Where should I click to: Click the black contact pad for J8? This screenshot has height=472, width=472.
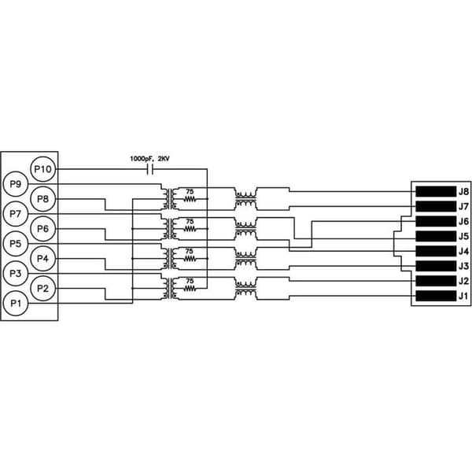coord(436,191)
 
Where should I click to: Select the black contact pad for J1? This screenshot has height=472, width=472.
coord(436,296)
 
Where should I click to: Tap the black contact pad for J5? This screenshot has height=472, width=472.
coord(436,236)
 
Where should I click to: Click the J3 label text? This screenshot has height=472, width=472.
coord(463,266)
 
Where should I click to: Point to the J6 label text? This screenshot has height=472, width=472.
coord(463,222)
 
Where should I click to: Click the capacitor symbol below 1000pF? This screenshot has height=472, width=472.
coord(150,169)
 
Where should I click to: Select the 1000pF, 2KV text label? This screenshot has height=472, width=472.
coord(149,159)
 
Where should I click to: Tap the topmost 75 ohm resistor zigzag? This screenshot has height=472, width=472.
coord(190,199)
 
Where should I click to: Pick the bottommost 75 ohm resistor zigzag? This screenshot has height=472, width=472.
coord(190,289)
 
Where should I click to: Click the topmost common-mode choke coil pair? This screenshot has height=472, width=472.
coord(246,199)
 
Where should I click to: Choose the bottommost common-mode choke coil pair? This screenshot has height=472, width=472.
coord(246,289)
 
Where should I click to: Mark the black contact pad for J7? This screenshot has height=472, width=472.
coord(436,206)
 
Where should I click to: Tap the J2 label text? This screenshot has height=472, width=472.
coord(463,281)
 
